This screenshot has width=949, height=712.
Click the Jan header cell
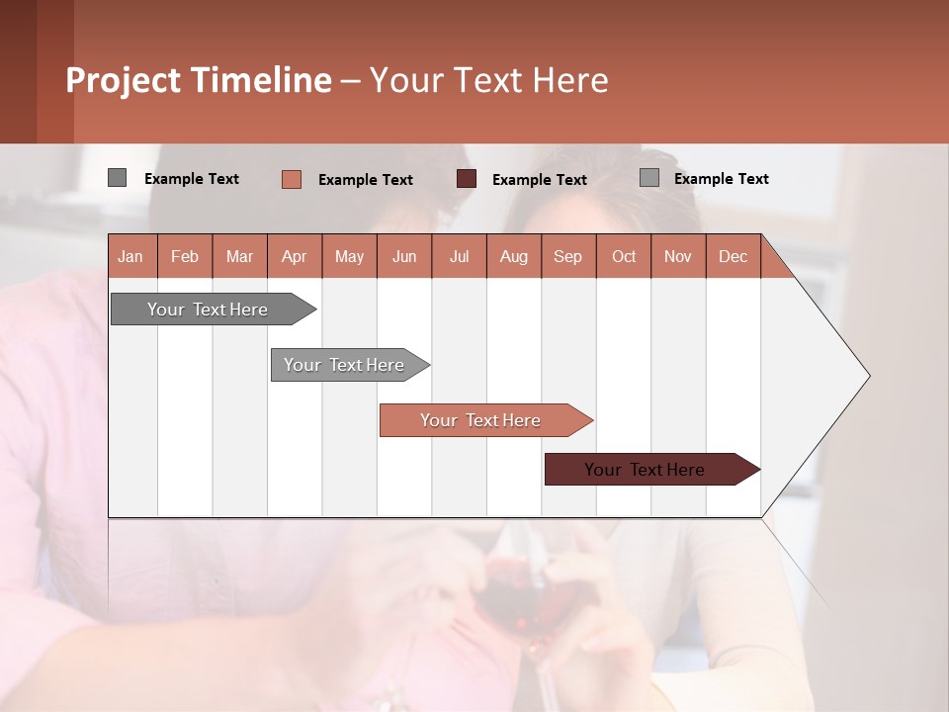[131, 256]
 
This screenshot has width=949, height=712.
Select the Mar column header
[239, 256]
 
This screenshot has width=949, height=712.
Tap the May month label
[349, 256]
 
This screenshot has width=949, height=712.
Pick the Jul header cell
[459, 256]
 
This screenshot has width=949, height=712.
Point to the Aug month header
[513, 256]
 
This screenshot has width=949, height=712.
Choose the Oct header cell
[623, 256]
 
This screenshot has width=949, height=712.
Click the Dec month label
[733, 256]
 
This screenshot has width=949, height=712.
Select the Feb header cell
[185, 256]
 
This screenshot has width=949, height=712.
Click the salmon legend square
[292, 179]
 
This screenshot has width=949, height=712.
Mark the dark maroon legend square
[467, 179]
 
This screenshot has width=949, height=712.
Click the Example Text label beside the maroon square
[539, 179]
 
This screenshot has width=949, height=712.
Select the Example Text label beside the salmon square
[365, 179]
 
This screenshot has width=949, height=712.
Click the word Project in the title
[124, 80]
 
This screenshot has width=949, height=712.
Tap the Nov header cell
[677, 256]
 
